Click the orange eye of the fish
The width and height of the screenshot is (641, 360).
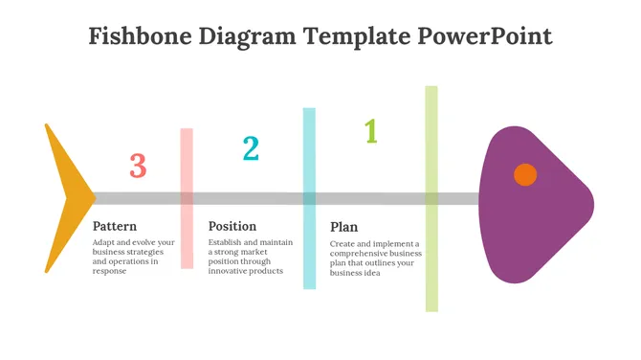[x=524, y=174]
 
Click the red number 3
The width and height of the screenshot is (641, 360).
[x=138, y=166]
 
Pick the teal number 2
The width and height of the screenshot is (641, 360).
[x=251, y=148]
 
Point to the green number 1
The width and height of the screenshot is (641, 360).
[x=370, y=131]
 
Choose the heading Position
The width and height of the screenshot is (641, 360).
[x=232, y=227]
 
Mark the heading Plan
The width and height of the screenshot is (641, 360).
[x=344, y=228]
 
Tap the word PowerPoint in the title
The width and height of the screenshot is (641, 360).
[x=485, y=37]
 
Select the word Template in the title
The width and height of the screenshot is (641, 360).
[x=356, y=37]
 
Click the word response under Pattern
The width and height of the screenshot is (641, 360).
[x=110, y=271]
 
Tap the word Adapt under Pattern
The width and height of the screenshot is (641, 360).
[x=104, y=243]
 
